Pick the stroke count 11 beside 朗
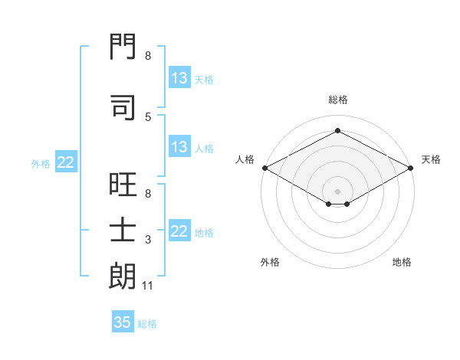coord(149,286)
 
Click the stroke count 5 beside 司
coord(147,116)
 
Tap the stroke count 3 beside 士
coord(147,241)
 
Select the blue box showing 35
coord(123,322)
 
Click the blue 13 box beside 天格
coord(179,78)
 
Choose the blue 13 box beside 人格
coord(179,147)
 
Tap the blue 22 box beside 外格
coord(66,162)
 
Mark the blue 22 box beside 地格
coord(179,231)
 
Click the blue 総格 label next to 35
coord(147,324)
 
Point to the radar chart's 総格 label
coord(337,100)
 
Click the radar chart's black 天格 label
coord(431,159)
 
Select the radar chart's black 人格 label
coord(245,159)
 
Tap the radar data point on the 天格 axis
coord(411,168)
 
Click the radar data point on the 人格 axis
coord(264,168)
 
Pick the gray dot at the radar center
coord(337,190)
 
